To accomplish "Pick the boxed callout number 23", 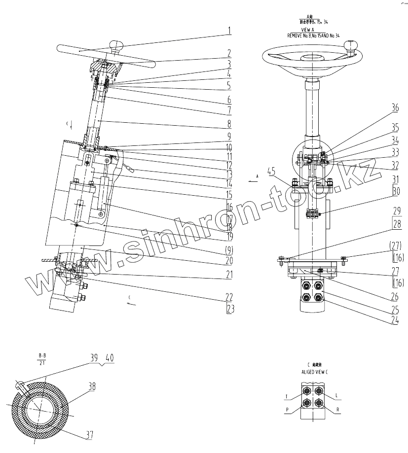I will (x=229, y=310).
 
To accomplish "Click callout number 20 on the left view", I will (x=229, y=259).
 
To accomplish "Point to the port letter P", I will (x=286, y=409).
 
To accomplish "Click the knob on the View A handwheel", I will (x=351, y=45).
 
